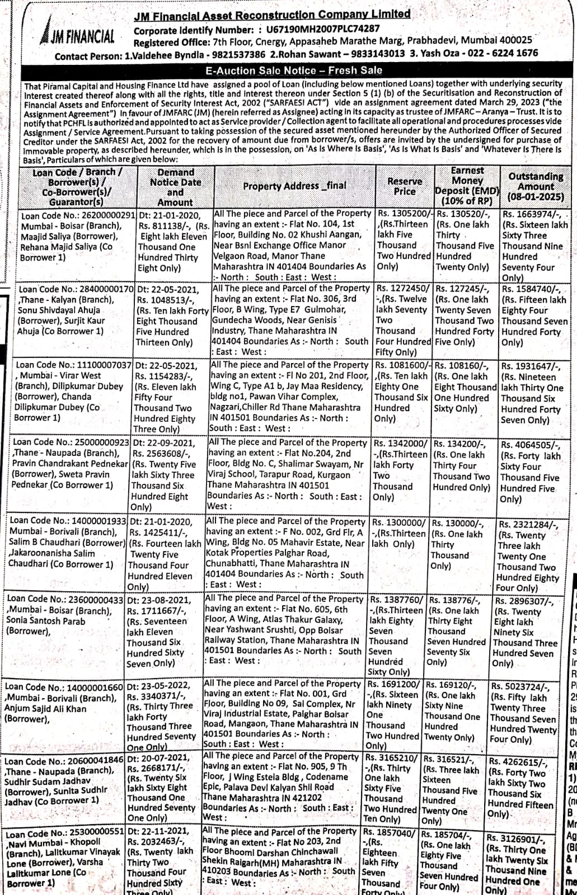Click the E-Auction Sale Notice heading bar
pos(294,70)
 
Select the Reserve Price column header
pos(405,186)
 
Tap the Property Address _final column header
pos(294,186)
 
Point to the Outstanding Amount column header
pos(536,186)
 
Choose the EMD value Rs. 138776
pos(456,600)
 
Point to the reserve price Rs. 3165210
pos(390,759)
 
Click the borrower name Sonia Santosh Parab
pos(46,621)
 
